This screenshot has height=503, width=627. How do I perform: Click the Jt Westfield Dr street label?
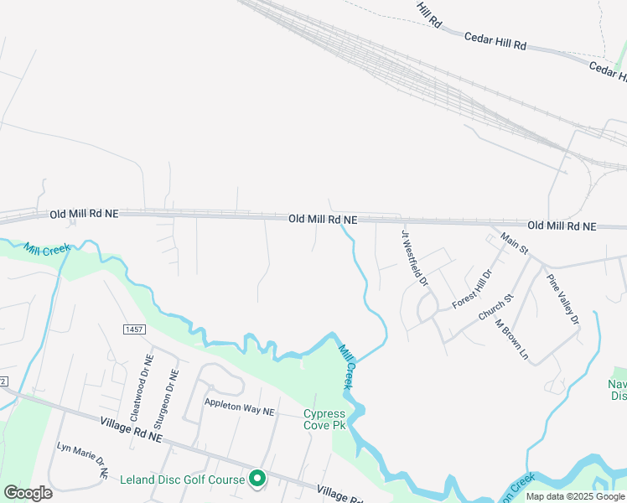415,258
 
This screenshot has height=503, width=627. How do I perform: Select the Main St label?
515,244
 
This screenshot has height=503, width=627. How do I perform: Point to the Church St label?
495,309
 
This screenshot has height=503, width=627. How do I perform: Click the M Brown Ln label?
512,340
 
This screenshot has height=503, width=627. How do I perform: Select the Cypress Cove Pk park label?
324,419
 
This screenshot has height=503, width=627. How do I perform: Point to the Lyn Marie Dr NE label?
82,459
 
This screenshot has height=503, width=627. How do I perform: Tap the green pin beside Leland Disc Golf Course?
258,479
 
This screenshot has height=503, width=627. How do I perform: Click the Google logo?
28,493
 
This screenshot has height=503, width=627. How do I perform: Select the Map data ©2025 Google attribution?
575,496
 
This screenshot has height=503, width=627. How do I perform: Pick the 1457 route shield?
133,328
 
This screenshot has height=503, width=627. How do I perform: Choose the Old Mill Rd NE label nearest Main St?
562,226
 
